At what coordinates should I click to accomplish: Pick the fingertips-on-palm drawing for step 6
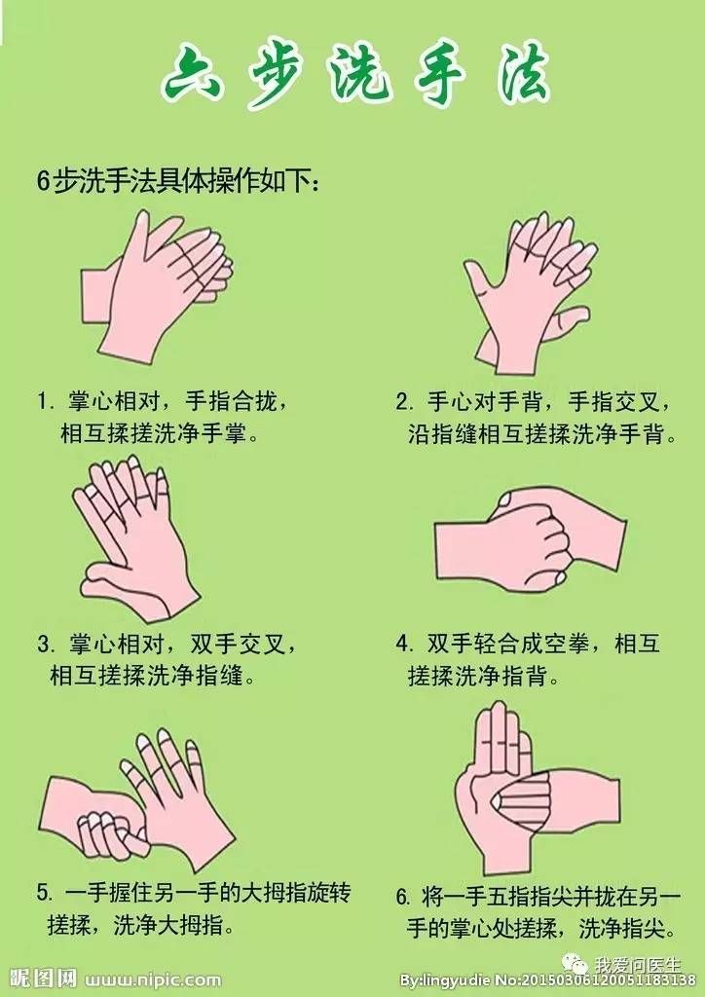click(526, 789)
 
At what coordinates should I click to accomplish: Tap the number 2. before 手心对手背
click(403, 401)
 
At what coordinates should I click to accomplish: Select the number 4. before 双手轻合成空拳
click(403, 646)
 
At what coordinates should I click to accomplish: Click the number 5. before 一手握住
click(44, 893)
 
